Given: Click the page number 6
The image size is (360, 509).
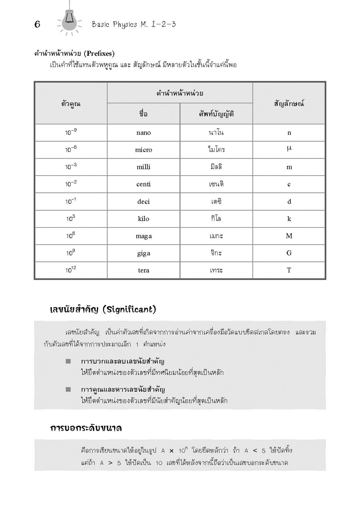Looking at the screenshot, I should tap(37, 24).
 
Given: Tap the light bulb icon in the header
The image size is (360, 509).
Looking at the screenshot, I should tap(69, 20).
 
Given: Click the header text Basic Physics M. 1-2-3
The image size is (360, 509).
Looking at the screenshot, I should tap(134, 24).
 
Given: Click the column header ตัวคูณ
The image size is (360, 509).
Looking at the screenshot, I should tap(71, 104).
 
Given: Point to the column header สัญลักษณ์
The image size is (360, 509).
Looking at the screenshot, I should tap(289, 104).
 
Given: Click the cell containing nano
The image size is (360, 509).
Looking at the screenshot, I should tap(143, 133).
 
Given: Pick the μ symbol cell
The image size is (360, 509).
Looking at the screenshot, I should tap(289, 149).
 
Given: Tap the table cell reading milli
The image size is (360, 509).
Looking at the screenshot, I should tap(143, 167).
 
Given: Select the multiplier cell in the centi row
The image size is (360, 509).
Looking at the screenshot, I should tap(71, 184).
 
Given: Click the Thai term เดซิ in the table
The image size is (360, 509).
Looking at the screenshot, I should tap(216, 202).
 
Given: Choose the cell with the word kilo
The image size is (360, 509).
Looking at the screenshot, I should tap(143, 219).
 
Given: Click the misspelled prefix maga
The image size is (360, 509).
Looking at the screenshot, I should tap(143, 236).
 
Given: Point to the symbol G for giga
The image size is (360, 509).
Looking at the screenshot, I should tap(289, 253).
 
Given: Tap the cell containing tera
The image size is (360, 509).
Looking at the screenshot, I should tap(143, 270).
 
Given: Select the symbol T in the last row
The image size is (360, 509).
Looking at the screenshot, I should tap(289, 270).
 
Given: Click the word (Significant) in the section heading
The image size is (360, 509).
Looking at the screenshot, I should tap(129, 309).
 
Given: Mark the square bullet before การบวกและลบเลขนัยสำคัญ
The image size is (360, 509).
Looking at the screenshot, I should tap(68, 361).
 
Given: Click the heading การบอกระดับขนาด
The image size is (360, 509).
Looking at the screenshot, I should tap(86, 428).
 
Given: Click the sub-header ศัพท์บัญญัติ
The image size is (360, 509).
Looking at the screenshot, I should tap(216, 114).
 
